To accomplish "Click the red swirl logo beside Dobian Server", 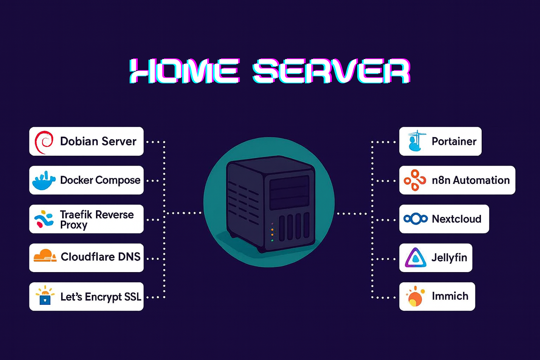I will coord(44,142).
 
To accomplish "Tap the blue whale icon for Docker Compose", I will coord(44,181).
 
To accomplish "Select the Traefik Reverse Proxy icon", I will coord(44,219).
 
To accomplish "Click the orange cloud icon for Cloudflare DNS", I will coord(45,256).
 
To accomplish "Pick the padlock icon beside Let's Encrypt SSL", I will coord(45,298).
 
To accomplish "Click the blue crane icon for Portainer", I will coord(416,141).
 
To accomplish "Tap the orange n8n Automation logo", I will coord(415,180).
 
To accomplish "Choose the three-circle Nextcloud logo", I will coord(415,219).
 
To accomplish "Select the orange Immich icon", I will coord(415,297).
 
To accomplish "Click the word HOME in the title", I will coord(185,71).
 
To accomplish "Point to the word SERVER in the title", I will coord(331,71).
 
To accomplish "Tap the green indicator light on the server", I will coord(272,241).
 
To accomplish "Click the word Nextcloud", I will coord(456,219).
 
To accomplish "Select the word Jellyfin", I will coord(449,258).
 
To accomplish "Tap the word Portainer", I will coord(454,141).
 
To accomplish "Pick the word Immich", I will coord(450,296).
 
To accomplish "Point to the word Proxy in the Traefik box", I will coord(73,225).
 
